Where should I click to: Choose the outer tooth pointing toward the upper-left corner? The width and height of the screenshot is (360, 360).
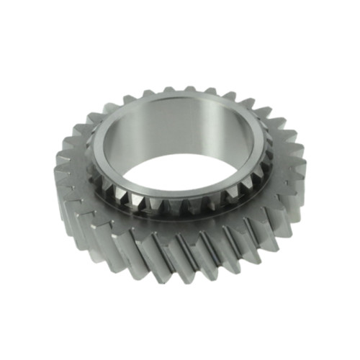[94, 115]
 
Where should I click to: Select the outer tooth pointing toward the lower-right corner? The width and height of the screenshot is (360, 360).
[277, 230]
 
